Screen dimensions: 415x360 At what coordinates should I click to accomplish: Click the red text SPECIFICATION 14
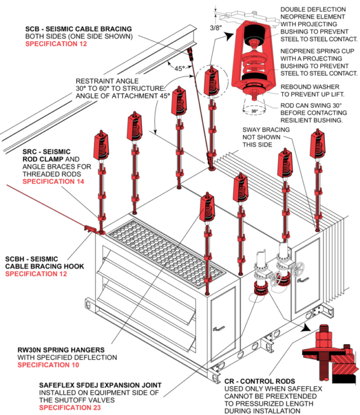click(x=54, y=182)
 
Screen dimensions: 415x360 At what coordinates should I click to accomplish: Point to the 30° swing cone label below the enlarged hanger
click(x=255, y=112)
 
